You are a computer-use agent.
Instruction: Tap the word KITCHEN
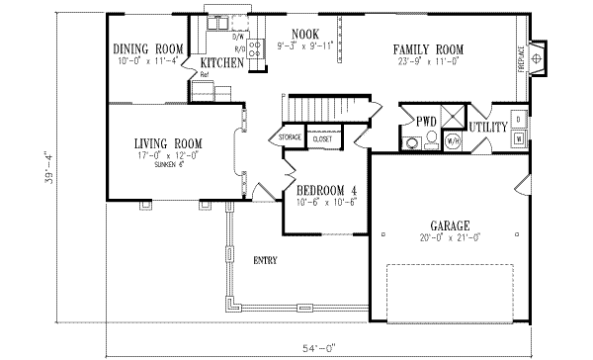[x=222, y=62]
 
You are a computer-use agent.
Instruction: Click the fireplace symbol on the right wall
[x=536, y=58]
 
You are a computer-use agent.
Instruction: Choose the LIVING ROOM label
[x=168, y=144]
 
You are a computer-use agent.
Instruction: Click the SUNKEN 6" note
[x=168, y=168]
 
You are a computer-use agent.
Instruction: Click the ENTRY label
[x=264, y=261]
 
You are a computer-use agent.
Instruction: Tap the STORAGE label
[x=290, y=137]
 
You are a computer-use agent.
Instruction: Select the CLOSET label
[x=321, y=139]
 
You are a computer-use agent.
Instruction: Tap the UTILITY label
[x=487, y=128]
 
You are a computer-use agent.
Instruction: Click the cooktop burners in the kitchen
[x=254, y=50]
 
